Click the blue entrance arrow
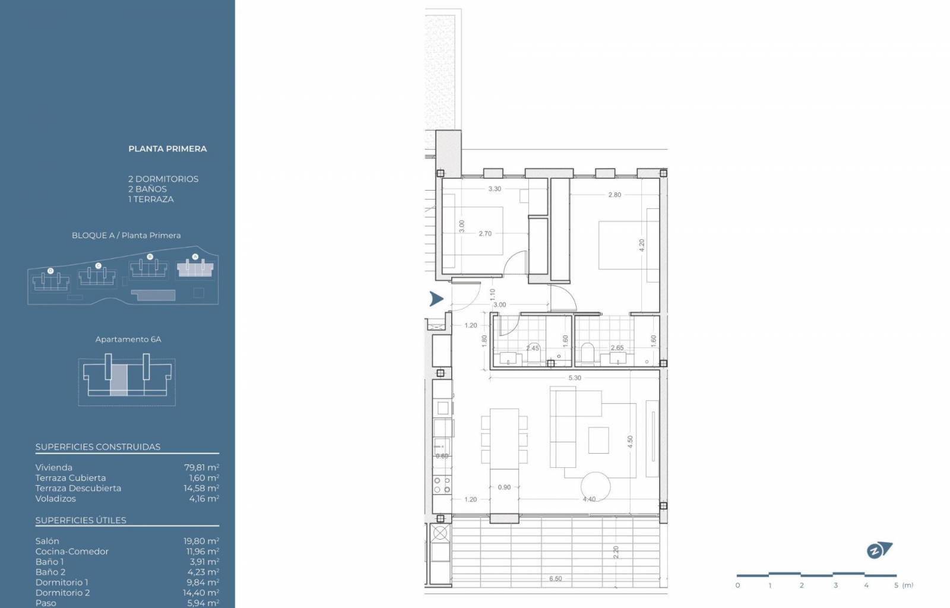coord(436,299)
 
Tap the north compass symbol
coord(879,550)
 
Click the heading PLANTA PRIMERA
coord(167,149)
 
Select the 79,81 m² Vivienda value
coord(201,467)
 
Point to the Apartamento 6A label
coord(128,339)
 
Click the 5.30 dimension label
coord(575,378)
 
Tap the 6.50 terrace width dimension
coord(556,578)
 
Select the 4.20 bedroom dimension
coord(642,245)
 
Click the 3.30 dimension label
coord(495,189)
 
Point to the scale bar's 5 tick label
coord(896,585)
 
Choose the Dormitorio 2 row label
coord(62,593)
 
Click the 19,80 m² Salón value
coord(201,541)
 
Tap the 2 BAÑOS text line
coord(148,189)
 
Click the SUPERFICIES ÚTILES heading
coord(81,520)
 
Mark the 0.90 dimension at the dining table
coord(504,487)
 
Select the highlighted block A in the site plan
coord(195,268)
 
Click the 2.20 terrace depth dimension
coord(616,552)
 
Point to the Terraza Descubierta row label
coord(78,488)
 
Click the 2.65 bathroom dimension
coord(617,348)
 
